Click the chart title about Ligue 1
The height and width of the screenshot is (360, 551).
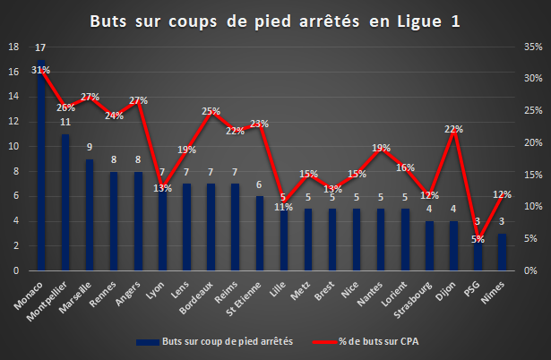coord(275,21)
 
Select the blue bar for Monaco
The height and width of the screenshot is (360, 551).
coord(41,165)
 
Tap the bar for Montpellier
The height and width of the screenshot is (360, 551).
coord(65,202)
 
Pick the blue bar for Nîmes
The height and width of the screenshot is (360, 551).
coord(502,253)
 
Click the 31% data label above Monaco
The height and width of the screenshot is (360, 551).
coord(40,70)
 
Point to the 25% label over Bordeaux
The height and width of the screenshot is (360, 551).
coord(211,111)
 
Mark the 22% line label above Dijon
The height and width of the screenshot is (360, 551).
coord(453,129)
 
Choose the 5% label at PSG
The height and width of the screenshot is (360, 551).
coord(478,239)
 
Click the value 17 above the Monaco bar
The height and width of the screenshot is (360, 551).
coord(40,47)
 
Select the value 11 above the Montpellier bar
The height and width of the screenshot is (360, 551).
coord(65,122)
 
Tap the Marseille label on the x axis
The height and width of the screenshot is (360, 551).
coord(75,297)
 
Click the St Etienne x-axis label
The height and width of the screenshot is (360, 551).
coord(244,299)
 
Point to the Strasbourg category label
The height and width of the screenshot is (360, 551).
coord(412,300)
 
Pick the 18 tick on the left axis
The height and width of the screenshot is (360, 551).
coord(13,47)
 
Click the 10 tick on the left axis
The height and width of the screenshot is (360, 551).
coord(13,147)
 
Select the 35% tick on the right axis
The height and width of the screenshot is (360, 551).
coord(533,47)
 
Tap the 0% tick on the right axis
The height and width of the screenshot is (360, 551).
coord(530,270)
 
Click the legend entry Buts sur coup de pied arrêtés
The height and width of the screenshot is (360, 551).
coord(215,342)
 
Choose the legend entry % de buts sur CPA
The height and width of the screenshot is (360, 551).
coord(366,342)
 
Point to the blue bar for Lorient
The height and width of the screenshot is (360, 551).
coord(405,239)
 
